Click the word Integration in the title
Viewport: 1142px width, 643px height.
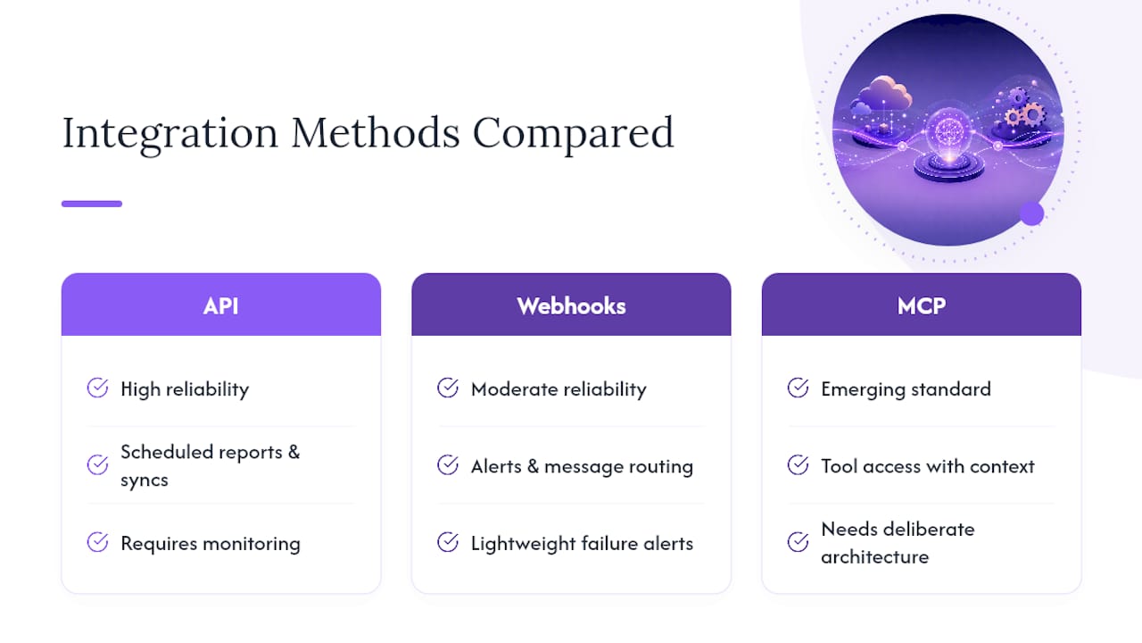point(170,134)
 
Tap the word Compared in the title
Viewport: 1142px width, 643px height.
point(574,134)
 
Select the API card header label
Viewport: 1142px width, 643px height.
point(220,306)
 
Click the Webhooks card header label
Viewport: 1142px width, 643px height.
point(571,306)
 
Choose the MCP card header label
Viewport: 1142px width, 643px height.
point(922,306)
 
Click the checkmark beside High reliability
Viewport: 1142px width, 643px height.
point(97,388)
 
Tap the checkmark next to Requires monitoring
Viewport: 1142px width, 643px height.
point(97,542)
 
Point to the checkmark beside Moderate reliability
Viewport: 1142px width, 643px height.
point(448,388)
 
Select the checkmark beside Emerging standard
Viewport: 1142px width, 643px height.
point(798,388)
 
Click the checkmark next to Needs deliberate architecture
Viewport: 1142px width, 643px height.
point(798,542)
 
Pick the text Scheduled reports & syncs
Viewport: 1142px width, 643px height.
point(210,466)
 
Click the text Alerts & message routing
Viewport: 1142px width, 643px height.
point(582,466)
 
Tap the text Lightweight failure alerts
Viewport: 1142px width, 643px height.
point(582,544)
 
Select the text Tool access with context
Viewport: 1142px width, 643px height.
point(927,466)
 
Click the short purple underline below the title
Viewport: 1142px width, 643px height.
point(92,204)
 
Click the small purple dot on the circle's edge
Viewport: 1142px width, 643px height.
point(1032,213)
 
